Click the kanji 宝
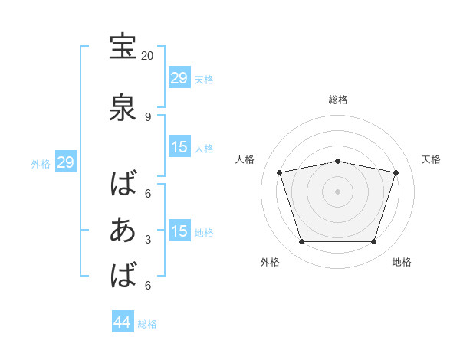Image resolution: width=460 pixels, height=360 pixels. (123, 47)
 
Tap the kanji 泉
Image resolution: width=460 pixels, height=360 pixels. (123, 107)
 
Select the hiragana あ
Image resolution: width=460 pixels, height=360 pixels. (123, 230)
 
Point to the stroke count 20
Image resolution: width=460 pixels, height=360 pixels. (147, 56)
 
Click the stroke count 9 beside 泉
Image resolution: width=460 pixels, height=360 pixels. (148, 117)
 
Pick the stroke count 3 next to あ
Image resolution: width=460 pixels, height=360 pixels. (148, 240)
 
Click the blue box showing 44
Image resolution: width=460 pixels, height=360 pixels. (123, 321)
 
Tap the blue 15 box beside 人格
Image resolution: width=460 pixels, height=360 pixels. (180, 146)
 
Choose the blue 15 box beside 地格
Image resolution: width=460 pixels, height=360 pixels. (180, 230)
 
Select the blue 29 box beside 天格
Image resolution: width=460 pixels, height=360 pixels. (180, 77)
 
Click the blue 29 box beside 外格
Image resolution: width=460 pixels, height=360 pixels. (66, 162)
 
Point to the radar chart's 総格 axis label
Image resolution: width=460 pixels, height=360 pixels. (338, 100)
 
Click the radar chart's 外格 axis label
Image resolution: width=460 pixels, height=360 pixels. (270, 262)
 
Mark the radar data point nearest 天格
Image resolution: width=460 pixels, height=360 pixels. (396, 172)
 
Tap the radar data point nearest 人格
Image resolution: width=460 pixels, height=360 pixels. (280, 172)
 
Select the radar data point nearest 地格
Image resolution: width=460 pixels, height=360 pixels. (373, 241)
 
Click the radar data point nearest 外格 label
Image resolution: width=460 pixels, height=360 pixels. (302, 241)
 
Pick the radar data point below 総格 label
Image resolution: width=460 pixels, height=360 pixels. (337, 162)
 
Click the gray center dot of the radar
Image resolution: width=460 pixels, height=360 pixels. (337, 191)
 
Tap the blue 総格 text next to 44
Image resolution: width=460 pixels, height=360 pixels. (147, 324)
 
